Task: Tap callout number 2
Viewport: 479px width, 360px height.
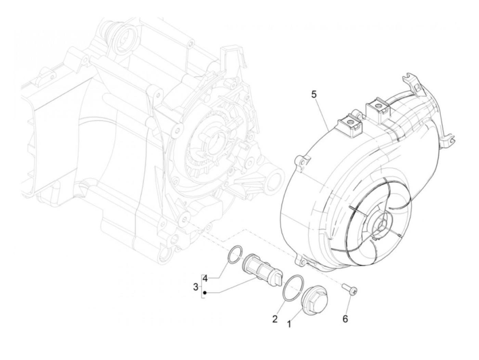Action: [x=274, y=319]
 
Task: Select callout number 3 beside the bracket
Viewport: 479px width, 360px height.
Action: [x=196, y=287]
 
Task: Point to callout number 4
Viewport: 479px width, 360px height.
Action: [x=205, y=279]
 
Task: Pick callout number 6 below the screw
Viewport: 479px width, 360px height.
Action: [x=345, y=319]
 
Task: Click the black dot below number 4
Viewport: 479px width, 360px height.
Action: [x=205, y=293]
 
